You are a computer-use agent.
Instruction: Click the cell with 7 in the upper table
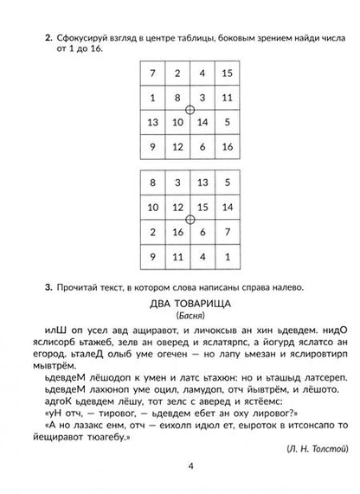[x=152, y=73]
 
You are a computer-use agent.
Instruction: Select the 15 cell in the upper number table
[x=226, y=73]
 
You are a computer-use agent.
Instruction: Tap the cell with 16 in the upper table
[x=226, y=146]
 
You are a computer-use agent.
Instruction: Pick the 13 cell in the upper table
[x=152, y=122]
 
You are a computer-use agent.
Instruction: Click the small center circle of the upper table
[x=190, y=110]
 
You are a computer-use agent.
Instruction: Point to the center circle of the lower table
[x=190, y=220]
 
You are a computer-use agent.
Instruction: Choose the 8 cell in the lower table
[x=152, y=183]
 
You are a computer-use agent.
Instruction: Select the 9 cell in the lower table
[x=152, y=256]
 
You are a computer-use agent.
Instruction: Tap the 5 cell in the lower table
[x=226, y=183]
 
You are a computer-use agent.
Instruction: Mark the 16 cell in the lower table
[x=177, y=232]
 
